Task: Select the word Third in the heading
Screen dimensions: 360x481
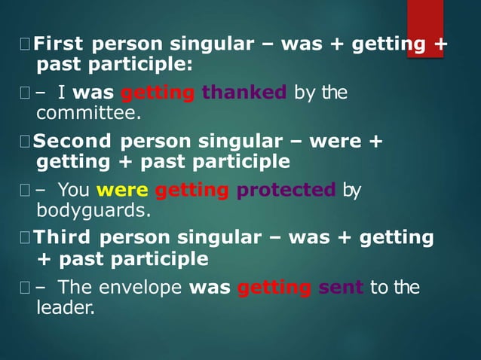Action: click(64, 238)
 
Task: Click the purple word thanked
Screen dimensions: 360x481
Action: click(244, 93)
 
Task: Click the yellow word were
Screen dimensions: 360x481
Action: click(122, 190)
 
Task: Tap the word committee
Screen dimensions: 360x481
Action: click(89, 114)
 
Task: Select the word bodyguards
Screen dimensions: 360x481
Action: click(93, 210)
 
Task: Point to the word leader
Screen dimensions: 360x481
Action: click(66, 307)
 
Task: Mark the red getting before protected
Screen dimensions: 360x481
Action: click(193, 191)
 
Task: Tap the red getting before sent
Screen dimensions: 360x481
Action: click(274, 288)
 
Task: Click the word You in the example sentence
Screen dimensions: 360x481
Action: click(73, 190)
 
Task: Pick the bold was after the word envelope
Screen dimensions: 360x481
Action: click(210, 287)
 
